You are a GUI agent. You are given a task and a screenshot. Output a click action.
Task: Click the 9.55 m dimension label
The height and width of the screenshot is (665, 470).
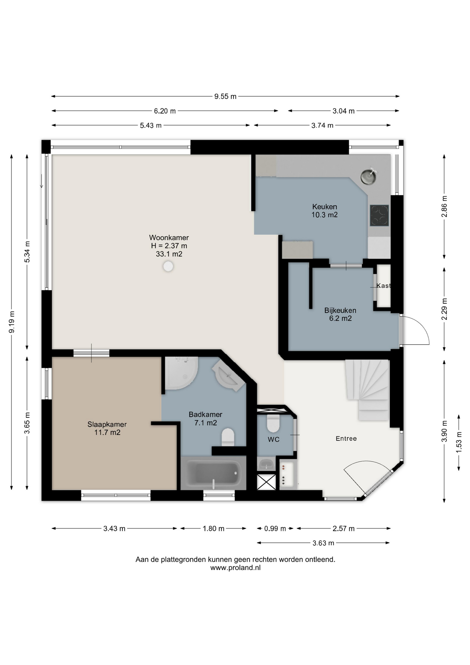[x=225, y=96]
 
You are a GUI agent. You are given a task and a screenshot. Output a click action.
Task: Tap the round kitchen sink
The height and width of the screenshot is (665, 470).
[x=369, y=176]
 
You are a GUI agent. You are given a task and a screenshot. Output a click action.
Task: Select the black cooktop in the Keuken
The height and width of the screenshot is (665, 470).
[x=379, y=215]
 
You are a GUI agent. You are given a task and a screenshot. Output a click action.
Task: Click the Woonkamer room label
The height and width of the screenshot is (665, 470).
[x=169, y=238]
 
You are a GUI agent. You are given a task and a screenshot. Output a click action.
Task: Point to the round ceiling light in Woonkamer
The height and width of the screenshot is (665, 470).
[x=168, y=266]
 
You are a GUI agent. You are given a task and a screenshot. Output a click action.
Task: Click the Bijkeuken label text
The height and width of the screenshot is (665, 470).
[x=340, y=310]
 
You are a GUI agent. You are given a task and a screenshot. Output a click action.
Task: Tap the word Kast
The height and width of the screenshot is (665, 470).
[x=383, y=285]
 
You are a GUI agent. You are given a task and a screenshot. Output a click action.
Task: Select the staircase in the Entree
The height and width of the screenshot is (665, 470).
[x=367, y=390]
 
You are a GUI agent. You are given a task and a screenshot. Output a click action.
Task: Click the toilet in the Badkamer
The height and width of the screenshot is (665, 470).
[x=228, y=437]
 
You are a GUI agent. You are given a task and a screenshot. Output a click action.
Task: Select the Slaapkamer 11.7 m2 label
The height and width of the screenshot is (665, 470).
[x=107, y=428]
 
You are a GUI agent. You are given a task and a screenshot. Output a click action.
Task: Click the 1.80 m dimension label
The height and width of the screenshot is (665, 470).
[x=214, y=529]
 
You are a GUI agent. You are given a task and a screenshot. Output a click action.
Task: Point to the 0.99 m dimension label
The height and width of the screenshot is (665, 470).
[x=275, y=529]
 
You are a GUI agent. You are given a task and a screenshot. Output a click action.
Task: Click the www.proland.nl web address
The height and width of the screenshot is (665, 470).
[x=235, y=568]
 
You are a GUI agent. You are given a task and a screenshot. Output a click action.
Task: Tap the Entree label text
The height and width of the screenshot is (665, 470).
[x=346, y=438]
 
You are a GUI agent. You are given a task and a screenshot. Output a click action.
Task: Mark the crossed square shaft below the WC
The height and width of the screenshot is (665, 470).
[x=266, y=482]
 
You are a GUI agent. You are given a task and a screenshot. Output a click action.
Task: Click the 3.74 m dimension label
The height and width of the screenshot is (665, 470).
[x=322, y=125]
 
